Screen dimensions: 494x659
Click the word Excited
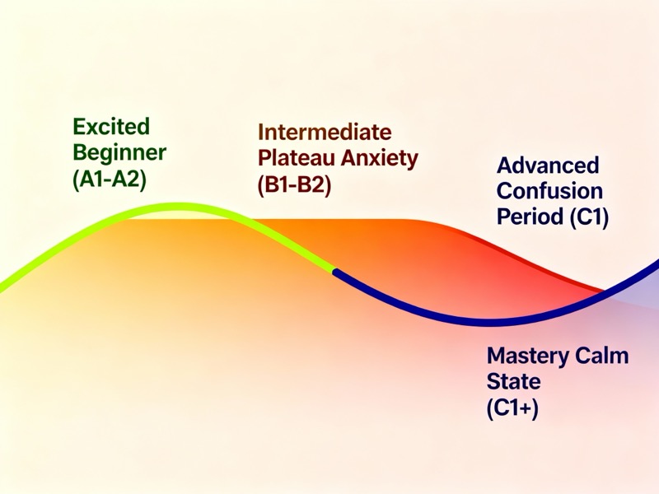click(112, 127)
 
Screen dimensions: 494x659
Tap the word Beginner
click(119, 152)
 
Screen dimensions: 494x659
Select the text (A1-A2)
click(110, 179)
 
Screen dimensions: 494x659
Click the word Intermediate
click(325, 132)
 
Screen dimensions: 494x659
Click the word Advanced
click(548, 165)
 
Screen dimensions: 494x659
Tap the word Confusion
click(549, 192)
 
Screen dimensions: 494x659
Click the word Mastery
click(528, 357)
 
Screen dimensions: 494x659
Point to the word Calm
click(601, 357)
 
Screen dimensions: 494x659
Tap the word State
click(513, 382)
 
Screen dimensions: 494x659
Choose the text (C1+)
click(512, 408)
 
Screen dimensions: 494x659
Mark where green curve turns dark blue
click(334, 269)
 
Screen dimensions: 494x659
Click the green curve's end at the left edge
click(2, 288)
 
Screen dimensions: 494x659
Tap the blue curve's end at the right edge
click(657, 263)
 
